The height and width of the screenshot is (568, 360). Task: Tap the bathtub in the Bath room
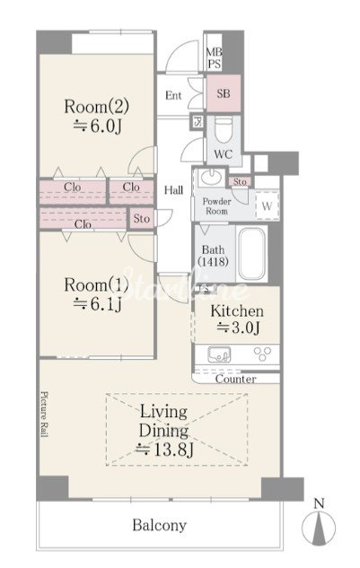point(252,254)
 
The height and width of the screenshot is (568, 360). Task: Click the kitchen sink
point(219,354)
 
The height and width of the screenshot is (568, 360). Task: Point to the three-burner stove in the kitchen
point(262,354)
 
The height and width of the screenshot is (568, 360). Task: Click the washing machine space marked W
point(267,205)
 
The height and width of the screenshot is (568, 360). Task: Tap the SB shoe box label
point(224,93)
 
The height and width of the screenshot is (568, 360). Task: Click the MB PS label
point(215,58)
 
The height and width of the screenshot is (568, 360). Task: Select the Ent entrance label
point(173,95)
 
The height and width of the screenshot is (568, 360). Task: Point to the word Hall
point(173,190)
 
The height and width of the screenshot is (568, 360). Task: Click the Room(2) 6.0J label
point(97,116)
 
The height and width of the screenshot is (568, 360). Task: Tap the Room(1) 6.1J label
point(97,294)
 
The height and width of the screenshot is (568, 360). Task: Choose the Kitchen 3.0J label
point(237,319)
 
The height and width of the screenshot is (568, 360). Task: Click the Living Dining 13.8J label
point(164,431)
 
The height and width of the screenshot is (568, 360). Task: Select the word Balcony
point(160,525)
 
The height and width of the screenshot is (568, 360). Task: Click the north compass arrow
point(319,524)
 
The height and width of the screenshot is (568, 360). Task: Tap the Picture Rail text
point(44,414)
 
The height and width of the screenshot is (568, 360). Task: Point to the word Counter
point(235,379)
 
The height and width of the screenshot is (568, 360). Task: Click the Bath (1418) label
point(213,256)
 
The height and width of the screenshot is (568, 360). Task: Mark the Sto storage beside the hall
point(141,218)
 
